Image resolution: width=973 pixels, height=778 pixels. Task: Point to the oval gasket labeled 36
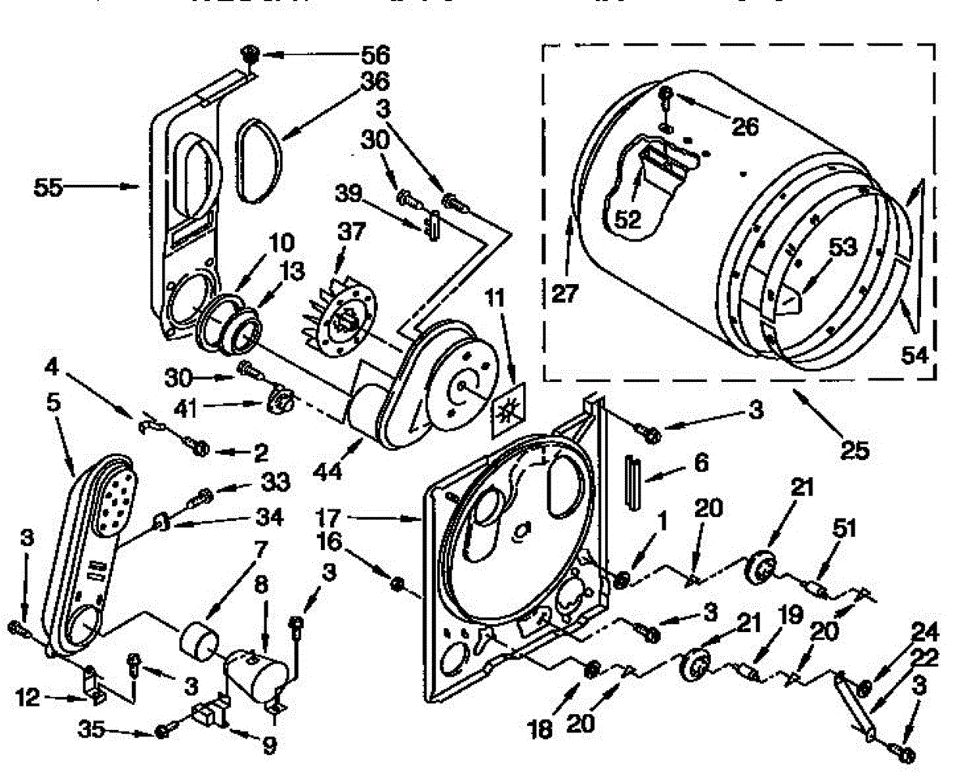[x=259, y=158]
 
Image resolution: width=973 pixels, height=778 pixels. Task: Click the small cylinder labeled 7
[x=199, y=639]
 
